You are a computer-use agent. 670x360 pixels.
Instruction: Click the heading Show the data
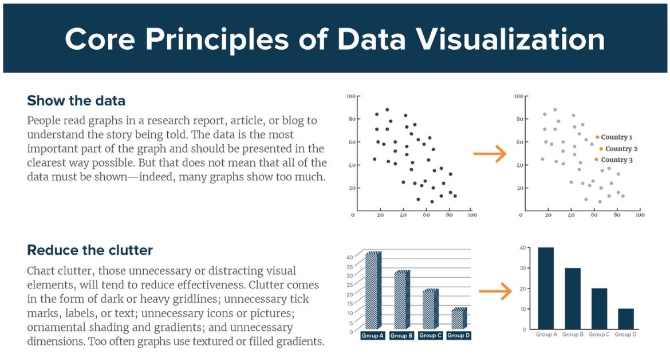tap(76, 101)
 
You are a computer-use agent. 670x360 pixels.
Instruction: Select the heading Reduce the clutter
tap(90, 250)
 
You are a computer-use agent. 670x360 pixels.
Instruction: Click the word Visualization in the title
tap(471, 39)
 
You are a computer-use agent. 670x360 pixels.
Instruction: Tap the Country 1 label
tap(617, 137)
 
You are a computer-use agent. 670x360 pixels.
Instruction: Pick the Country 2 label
tap(621, 149)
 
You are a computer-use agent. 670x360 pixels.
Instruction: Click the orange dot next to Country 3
tap(596, 160)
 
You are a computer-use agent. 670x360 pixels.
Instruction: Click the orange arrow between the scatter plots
tap(490, 153)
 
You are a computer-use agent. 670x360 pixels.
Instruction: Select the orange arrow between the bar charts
tap(495, 291)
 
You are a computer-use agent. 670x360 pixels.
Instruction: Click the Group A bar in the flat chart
tap(546, 288)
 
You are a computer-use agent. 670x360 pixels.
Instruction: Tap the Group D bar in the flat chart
tap(626, 319)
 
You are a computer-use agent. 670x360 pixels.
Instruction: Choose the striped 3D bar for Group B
tap(402, 300)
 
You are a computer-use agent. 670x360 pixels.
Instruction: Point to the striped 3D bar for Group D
tap(459, 319)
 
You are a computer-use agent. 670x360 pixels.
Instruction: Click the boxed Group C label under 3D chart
tap(430, 335)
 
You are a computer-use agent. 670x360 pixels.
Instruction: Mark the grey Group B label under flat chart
tap(573, 334)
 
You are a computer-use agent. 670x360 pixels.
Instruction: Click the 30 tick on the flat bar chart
tap(523, 268)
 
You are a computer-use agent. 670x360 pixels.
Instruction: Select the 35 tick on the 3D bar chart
tap(349, 267)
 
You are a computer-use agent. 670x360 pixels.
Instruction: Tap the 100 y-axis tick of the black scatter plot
tap(351, 96)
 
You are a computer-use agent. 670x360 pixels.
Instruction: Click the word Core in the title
tap(100, 39)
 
